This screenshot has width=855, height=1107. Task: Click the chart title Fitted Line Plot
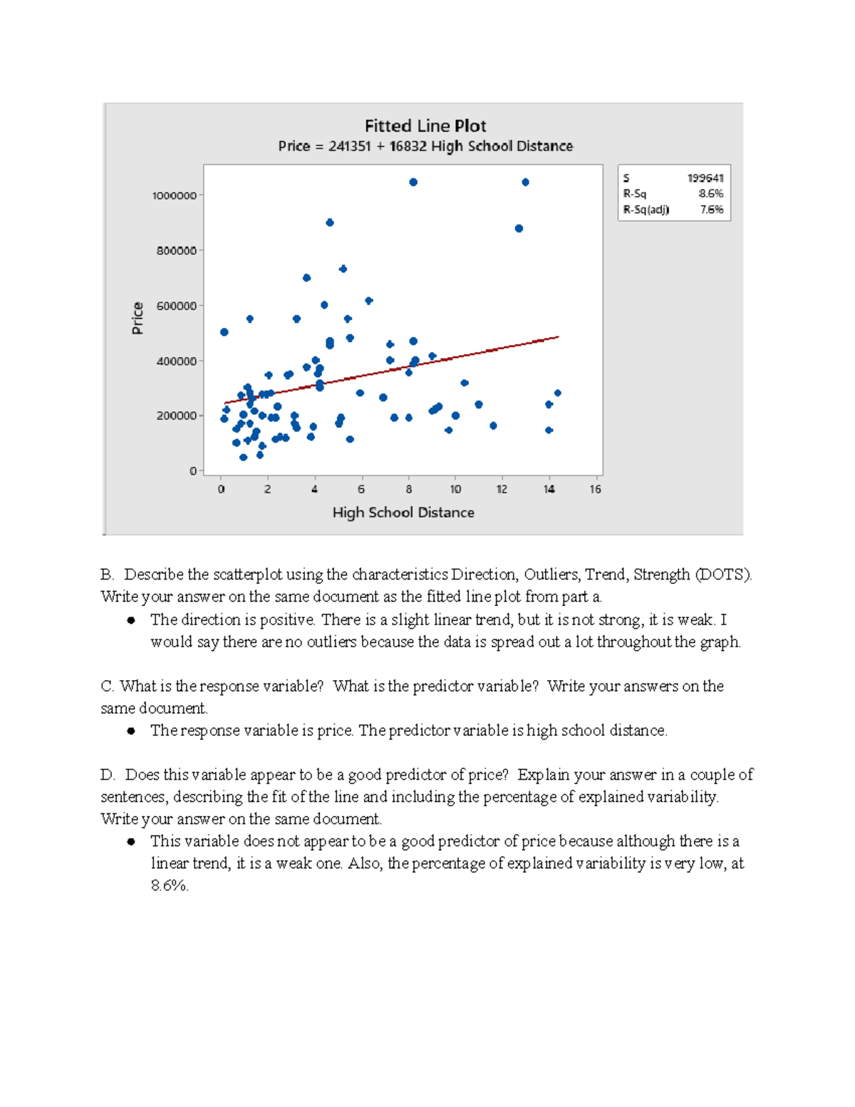point(425,126)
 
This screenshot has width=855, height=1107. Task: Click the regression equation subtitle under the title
point(425,146)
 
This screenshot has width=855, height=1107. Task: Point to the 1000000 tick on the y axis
point(174,195)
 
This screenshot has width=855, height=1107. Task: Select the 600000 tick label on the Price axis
point(176,306)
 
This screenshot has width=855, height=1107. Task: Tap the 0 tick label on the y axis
point(193,470)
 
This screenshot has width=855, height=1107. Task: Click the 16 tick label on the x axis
point(595,489)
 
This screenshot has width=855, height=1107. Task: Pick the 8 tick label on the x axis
point(408,489)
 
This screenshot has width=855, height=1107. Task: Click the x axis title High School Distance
point(403,513)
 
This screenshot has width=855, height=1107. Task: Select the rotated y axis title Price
point(138,318)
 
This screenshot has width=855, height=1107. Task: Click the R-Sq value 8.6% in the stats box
point(710,194)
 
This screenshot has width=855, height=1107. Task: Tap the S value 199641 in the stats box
point(705,178)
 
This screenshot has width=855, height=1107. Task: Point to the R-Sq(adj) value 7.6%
point(711,210)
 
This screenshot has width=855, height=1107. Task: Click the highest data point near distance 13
point(525,182)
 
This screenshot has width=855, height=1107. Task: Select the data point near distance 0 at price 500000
point(224,332)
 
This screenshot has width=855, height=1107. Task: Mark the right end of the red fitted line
point(558,336)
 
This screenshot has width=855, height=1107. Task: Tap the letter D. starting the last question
point(108,775)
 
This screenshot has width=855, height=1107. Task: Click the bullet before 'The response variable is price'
point(131,731)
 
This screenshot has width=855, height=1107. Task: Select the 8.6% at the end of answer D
point(169,886)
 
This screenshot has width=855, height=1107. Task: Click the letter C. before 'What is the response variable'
point(108,686)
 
